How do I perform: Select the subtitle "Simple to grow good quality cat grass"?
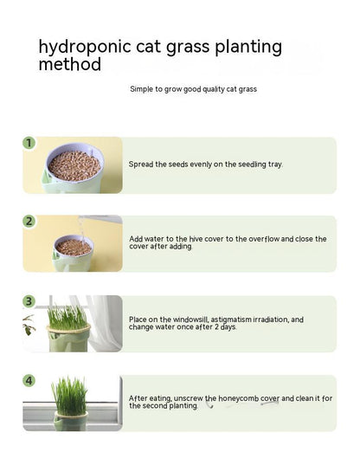click(x=193, y=89)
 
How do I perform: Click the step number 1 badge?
click(x=29, y=143)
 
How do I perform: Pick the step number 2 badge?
click(x=29, y=222)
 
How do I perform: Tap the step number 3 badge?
click(x=29, y=301)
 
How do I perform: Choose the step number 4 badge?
click(x=29, y=381)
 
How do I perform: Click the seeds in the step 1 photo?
click(x=74, y=164)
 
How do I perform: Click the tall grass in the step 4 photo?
click(x=69, y=396)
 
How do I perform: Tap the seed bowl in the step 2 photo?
click(x=74, y=248)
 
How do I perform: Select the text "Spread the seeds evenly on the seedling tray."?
click(x=205, y=164)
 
